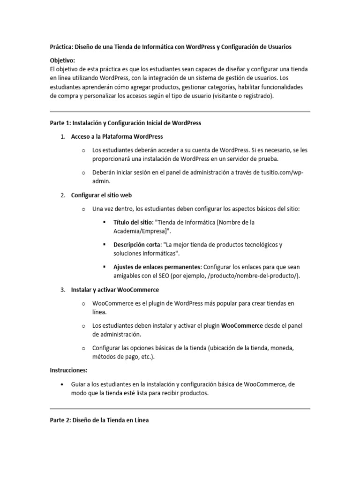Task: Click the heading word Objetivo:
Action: tap(62, 60)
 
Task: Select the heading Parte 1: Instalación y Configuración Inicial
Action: tap(125, 123)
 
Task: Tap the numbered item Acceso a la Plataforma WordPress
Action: tap(117, 137)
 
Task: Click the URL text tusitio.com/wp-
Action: tap(280, 172)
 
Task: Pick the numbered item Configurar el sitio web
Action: tap(98, 195)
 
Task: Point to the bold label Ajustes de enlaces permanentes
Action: tap(157, 267)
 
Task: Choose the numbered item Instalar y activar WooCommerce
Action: tap(115, 290)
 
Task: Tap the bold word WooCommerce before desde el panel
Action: tap(242, 326)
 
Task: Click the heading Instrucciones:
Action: tap(69, 370)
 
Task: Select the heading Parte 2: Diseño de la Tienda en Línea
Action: tap(99, 420)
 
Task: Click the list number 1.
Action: tap(62, 137)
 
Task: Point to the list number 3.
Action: tap(62, 290)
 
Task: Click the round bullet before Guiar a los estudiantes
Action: tap(62, 384)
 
